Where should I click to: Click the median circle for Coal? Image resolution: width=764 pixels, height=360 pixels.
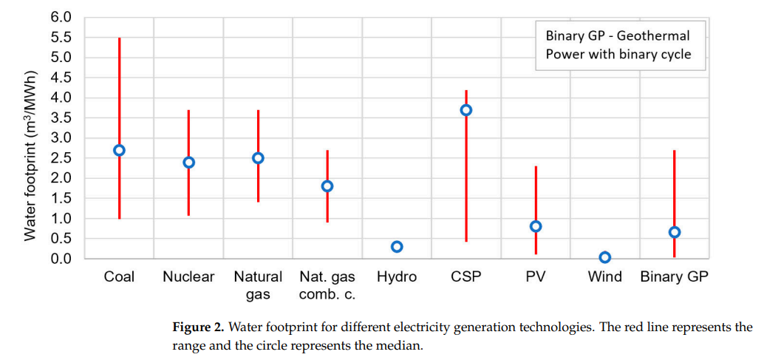[119, 150]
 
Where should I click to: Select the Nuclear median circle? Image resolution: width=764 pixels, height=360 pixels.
[188, 162]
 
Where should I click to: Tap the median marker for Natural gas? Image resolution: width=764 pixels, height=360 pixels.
[258, 158]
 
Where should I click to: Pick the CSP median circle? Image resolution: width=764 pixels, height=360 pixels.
[466, 110]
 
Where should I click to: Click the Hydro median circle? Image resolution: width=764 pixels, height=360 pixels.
[397, 246]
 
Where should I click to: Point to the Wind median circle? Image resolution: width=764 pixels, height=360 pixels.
[605, 257]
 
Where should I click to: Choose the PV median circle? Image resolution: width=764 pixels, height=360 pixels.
[536, 226]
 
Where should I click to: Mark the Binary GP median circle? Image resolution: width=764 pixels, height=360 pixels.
[675, 232]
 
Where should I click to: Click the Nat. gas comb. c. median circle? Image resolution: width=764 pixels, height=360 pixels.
[327, 186]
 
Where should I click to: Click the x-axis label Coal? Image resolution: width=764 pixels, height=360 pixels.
[119, 277]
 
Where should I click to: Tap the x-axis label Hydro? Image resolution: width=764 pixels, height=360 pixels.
[397, 277]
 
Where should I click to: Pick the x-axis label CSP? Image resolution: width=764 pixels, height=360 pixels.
[466, 277]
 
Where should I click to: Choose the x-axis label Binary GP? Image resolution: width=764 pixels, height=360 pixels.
[674, 277]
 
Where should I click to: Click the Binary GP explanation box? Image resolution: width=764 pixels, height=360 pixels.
[620, 45]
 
